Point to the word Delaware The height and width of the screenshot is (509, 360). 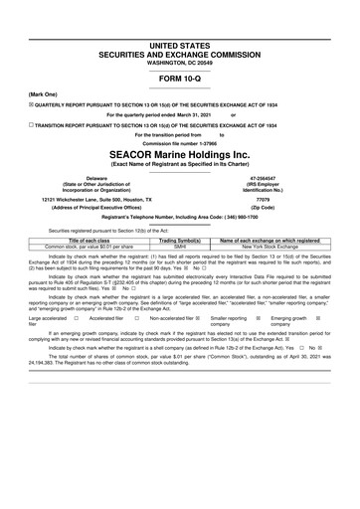tap(97, 177)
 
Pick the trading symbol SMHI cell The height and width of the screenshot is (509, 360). tap(180, 246)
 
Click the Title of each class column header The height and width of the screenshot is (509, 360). tap(95, 240)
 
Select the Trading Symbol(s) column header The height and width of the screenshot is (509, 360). tap(180, 240)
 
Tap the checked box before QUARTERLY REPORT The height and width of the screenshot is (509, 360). tap(32, 102)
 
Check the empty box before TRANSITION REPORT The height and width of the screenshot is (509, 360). tap(32, 126)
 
